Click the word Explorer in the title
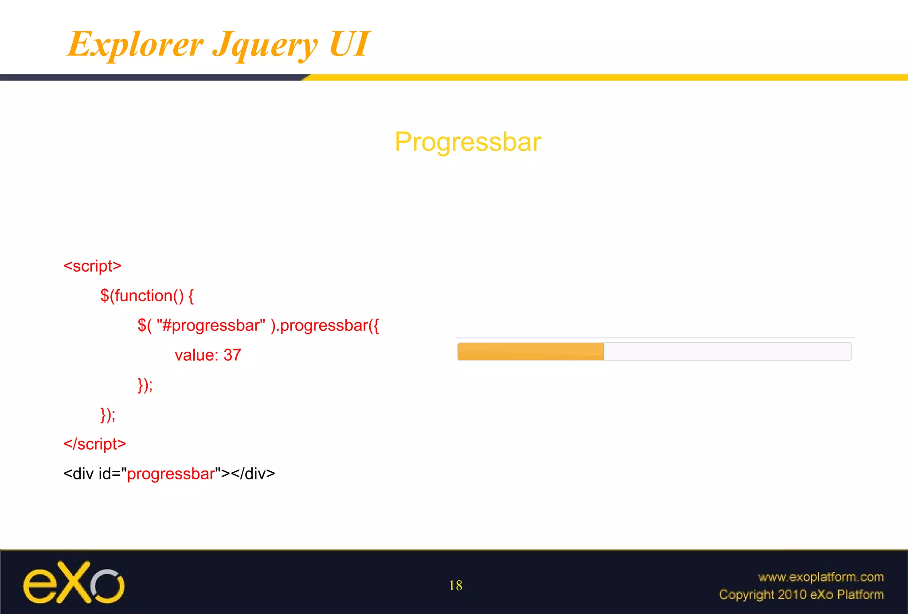pos(135,44)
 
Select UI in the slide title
pos(349,44)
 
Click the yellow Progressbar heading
pos(468,142)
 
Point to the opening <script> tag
pos(92,266)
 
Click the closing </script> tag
pos(94,444)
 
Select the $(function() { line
pos(147,295)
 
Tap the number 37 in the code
pos(232,355)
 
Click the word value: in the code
pos(196,355)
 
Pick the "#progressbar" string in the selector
pos(211,326)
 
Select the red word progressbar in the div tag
pos(171,474)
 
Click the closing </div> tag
pos(253,474)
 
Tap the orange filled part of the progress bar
pos(530,352)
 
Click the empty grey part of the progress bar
pos(727,352)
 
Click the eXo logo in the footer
pos(74,583)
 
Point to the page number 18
pos(455,586)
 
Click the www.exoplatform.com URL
pos(821,577)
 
